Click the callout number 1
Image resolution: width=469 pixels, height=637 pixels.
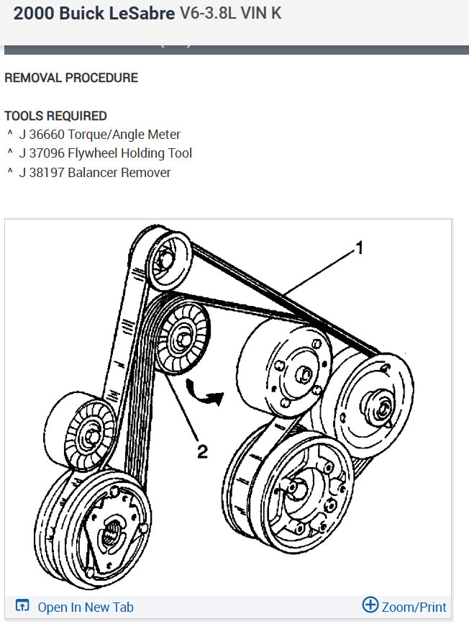pos(359,249)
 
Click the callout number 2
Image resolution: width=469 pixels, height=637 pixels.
pos(202,451)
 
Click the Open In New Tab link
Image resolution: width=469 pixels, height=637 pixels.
pos(86,607)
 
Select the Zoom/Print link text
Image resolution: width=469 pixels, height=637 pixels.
pos(414,607)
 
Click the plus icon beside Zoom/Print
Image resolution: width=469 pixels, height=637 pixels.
pos(370,605)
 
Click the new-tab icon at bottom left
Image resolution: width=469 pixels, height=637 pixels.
pos(22,606)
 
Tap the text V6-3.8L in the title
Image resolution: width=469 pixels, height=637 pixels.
pos(211,13)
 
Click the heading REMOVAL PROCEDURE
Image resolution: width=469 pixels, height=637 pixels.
pos(71,78)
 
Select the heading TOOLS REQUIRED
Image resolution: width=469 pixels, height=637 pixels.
pos(55,116)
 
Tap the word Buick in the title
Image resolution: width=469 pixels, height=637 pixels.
pos(78,13)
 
